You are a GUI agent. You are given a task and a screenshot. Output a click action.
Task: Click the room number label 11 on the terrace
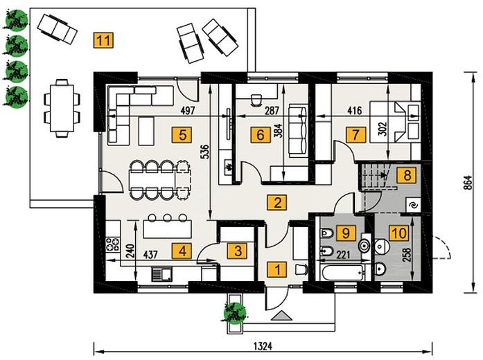[x=103, y=40]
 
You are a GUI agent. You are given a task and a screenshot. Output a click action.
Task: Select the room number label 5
[x=182, y=135]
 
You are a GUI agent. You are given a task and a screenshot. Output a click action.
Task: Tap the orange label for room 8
[x=407, y=175]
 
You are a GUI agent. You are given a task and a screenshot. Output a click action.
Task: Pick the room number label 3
[x=238, y=251]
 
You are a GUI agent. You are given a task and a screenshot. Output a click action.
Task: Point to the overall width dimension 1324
[x=263, y=346]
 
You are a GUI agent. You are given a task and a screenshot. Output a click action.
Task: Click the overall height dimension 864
[x=468, y=183]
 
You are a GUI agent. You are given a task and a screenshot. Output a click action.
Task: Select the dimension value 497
[x=188, y=111]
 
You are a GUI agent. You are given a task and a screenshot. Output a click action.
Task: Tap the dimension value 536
[x=205, y=152]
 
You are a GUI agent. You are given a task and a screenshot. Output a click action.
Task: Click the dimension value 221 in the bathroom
[x=343, y=255]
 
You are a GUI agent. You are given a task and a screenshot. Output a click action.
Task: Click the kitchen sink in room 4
[x=162, y=274]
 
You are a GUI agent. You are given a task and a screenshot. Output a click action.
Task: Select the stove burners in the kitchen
[x=113, y=244]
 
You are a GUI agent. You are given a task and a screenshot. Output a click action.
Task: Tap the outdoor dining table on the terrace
[x=62, y=108]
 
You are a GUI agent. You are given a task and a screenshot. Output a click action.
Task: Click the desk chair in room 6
[x=256, y=100]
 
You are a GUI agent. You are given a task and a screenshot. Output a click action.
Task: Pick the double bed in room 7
[x=395, y=122]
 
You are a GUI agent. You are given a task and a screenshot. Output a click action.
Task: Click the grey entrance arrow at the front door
[x=282, y=316]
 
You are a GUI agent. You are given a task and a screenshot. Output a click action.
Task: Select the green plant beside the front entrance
[x=235, y=314]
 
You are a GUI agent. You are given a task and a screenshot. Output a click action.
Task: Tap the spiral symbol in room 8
[x=412, y=205]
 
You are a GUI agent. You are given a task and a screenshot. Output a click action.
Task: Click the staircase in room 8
[x=377, y=177]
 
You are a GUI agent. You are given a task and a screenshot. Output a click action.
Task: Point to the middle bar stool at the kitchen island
[x=167, y=218]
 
